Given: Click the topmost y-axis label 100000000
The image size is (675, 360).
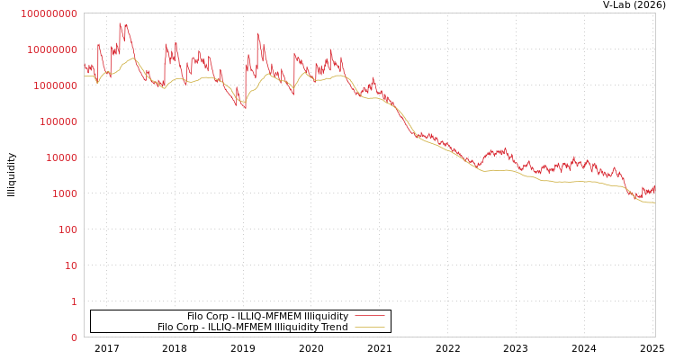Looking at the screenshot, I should [49, 13].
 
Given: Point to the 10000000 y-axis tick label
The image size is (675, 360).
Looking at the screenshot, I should [52, 49].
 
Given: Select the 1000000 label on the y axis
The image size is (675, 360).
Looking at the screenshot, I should [56, 85].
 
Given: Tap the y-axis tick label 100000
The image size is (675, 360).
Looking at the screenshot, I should [58, 121].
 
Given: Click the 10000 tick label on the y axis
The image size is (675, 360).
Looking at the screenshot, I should [61, 157].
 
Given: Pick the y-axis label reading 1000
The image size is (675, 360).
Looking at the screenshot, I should [65, 193].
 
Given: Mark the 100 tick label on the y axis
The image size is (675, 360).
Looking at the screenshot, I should [67, 229].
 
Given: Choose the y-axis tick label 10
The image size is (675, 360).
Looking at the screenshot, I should [71, 265].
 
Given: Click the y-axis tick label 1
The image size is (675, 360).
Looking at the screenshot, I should [74, 301].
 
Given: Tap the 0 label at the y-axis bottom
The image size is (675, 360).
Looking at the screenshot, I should [74, 337].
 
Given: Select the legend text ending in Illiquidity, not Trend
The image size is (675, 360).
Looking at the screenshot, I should [267, 316].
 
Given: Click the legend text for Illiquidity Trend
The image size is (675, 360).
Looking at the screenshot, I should [252, 327].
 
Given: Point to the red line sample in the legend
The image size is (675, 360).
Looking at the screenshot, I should [369, 316].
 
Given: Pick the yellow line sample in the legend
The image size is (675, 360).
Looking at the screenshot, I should [369, 327].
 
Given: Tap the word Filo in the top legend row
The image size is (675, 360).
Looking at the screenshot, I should [196, 316].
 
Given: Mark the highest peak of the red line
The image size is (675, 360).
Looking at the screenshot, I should [120, 23].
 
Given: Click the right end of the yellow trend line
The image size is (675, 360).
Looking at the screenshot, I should [654, 202].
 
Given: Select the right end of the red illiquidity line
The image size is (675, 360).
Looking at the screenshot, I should [654, 186].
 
